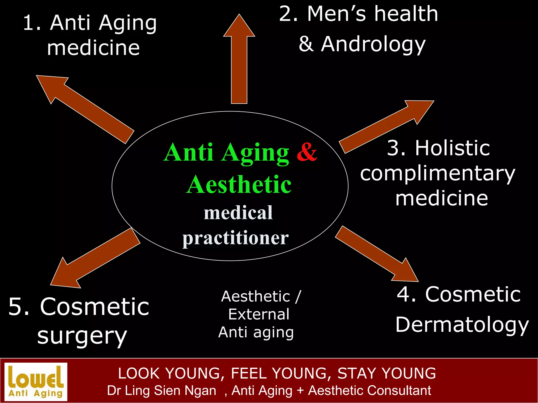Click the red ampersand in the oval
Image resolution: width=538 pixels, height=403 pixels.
pos(307,152)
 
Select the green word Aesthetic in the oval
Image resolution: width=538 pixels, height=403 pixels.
pos(239,185)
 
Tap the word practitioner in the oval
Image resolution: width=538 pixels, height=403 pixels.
pos(236,238)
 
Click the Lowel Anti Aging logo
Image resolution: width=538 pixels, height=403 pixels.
pos(36,381)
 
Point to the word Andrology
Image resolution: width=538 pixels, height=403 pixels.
pos(373,44)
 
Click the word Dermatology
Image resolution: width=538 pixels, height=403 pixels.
pos(462,325)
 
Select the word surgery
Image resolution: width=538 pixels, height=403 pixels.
pos(82,336)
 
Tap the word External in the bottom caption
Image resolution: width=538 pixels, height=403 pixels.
pos(259,314)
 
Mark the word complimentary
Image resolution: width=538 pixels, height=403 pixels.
pos(437,174)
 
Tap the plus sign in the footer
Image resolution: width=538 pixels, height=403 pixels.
pos(300,390)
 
